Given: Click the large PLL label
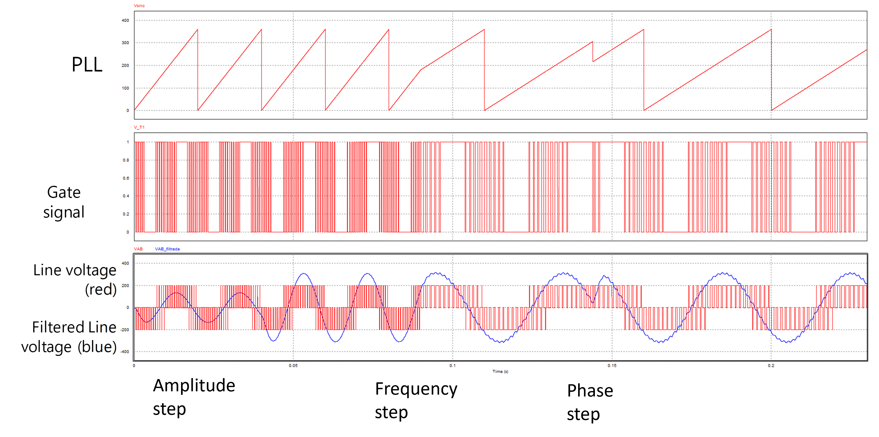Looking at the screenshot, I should [87, 65].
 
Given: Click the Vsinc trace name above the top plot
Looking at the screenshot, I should [139, 5].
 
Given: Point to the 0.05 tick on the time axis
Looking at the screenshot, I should [293, 366].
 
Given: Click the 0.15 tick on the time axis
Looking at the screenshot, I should [612, 366].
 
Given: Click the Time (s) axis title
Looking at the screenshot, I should [500, 371].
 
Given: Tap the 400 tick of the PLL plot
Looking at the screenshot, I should [125, 21].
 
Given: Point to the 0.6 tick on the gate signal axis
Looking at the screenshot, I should [126, 178].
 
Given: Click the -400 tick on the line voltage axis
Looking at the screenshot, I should [125, 352].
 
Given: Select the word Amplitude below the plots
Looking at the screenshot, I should [194, 386].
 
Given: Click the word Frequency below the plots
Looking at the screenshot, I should [416, 389].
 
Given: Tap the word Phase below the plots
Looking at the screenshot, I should [590, 391].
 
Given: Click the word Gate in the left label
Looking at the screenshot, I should [64, 192].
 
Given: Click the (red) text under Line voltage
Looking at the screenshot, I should [101, 290].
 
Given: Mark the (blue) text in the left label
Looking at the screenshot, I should [97, 347].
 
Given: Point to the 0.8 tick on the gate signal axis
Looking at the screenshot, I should [126, 160].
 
